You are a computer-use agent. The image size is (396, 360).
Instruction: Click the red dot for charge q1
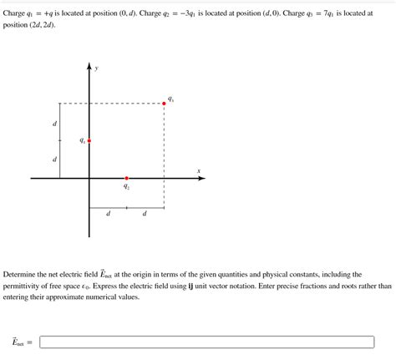coord(89,141)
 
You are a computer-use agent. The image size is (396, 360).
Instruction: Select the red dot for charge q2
coord(126,178)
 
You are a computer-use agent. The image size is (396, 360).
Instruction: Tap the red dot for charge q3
coord(164,104)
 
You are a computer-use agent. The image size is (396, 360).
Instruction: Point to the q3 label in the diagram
coord(171,98)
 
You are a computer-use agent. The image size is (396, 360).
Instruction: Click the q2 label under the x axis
coord(127,188)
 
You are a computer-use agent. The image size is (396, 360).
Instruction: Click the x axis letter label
coord(199,171)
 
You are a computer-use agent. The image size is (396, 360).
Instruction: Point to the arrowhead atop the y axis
coord(89,66)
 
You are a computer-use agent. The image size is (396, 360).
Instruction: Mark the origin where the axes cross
coord(89,178)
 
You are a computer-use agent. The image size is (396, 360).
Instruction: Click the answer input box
coord(206,342)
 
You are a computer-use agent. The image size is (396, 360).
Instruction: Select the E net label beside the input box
coord(19,342)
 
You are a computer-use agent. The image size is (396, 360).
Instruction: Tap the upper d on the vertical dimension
coord(55,123)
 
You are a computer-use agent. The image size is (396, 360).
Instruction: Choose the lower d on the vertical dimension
coord(55,160)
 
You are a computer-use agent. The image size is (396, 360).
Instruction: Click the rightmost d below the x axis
coord(145,214)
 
